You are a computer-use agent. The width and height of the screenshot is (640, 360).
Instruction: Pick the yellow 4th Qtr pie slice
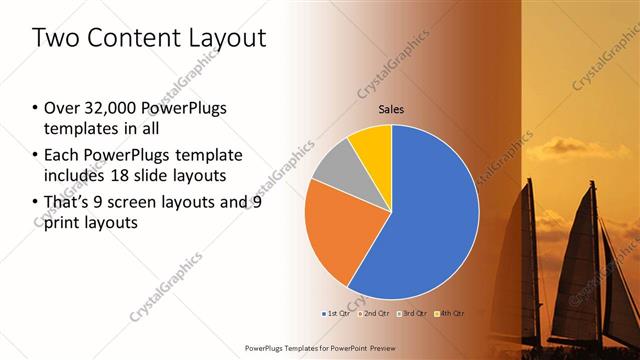coord(372,143)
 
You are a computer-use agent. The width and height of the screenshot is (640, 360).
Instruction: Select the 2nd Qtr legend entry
coord(373,313)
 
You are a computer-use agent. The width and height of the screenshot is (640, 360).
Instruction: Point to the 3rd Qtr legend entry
coord(412,313)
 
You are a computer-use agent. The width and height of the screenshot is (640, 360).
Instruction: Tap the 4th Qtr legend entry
coord(451,313)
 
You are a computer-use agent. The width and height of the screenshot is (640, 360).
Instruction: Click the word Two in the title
coord(55,39)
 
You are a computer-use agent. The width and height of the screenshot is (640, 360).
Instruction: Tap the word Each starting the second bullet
coord(63,156)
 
